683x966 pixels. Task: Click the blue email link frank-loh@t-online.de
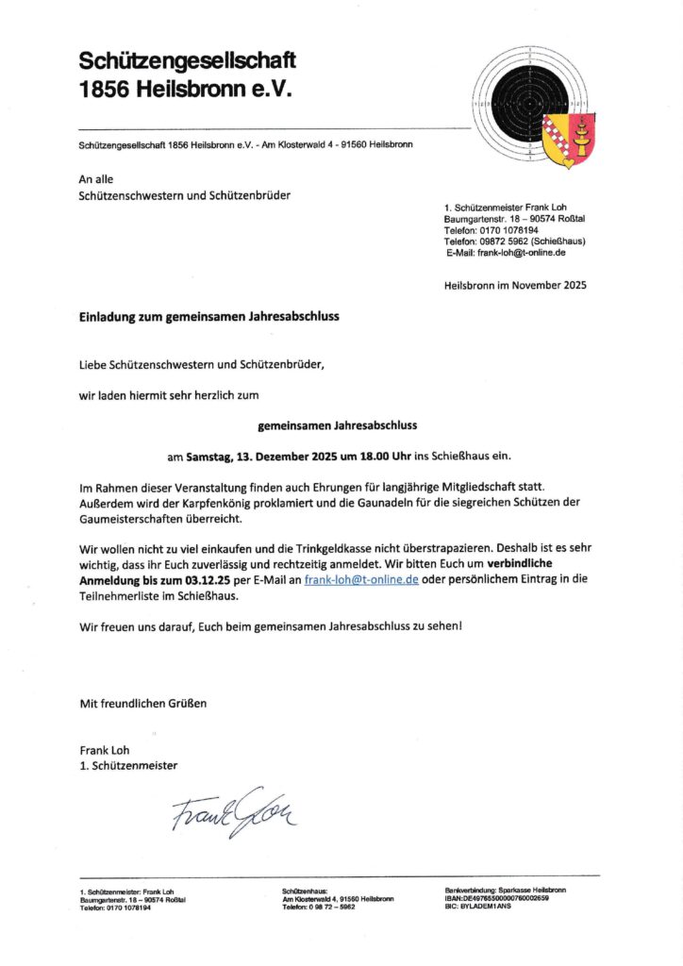pos(361,579)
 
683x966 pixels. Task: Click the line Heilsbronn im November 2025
pos(514,285)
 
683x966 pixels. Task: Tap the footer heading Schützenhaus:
pos(306,891)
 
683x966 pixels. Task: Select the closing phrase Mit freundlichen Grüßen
pos(142,703)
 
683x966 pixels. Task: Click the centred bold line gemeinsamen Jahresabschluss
pos(337,425)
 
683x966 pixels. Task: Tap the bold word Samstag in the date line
pos(212,457)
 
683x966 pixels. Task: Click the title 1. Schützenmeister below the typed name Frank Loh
pos(128,765)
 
